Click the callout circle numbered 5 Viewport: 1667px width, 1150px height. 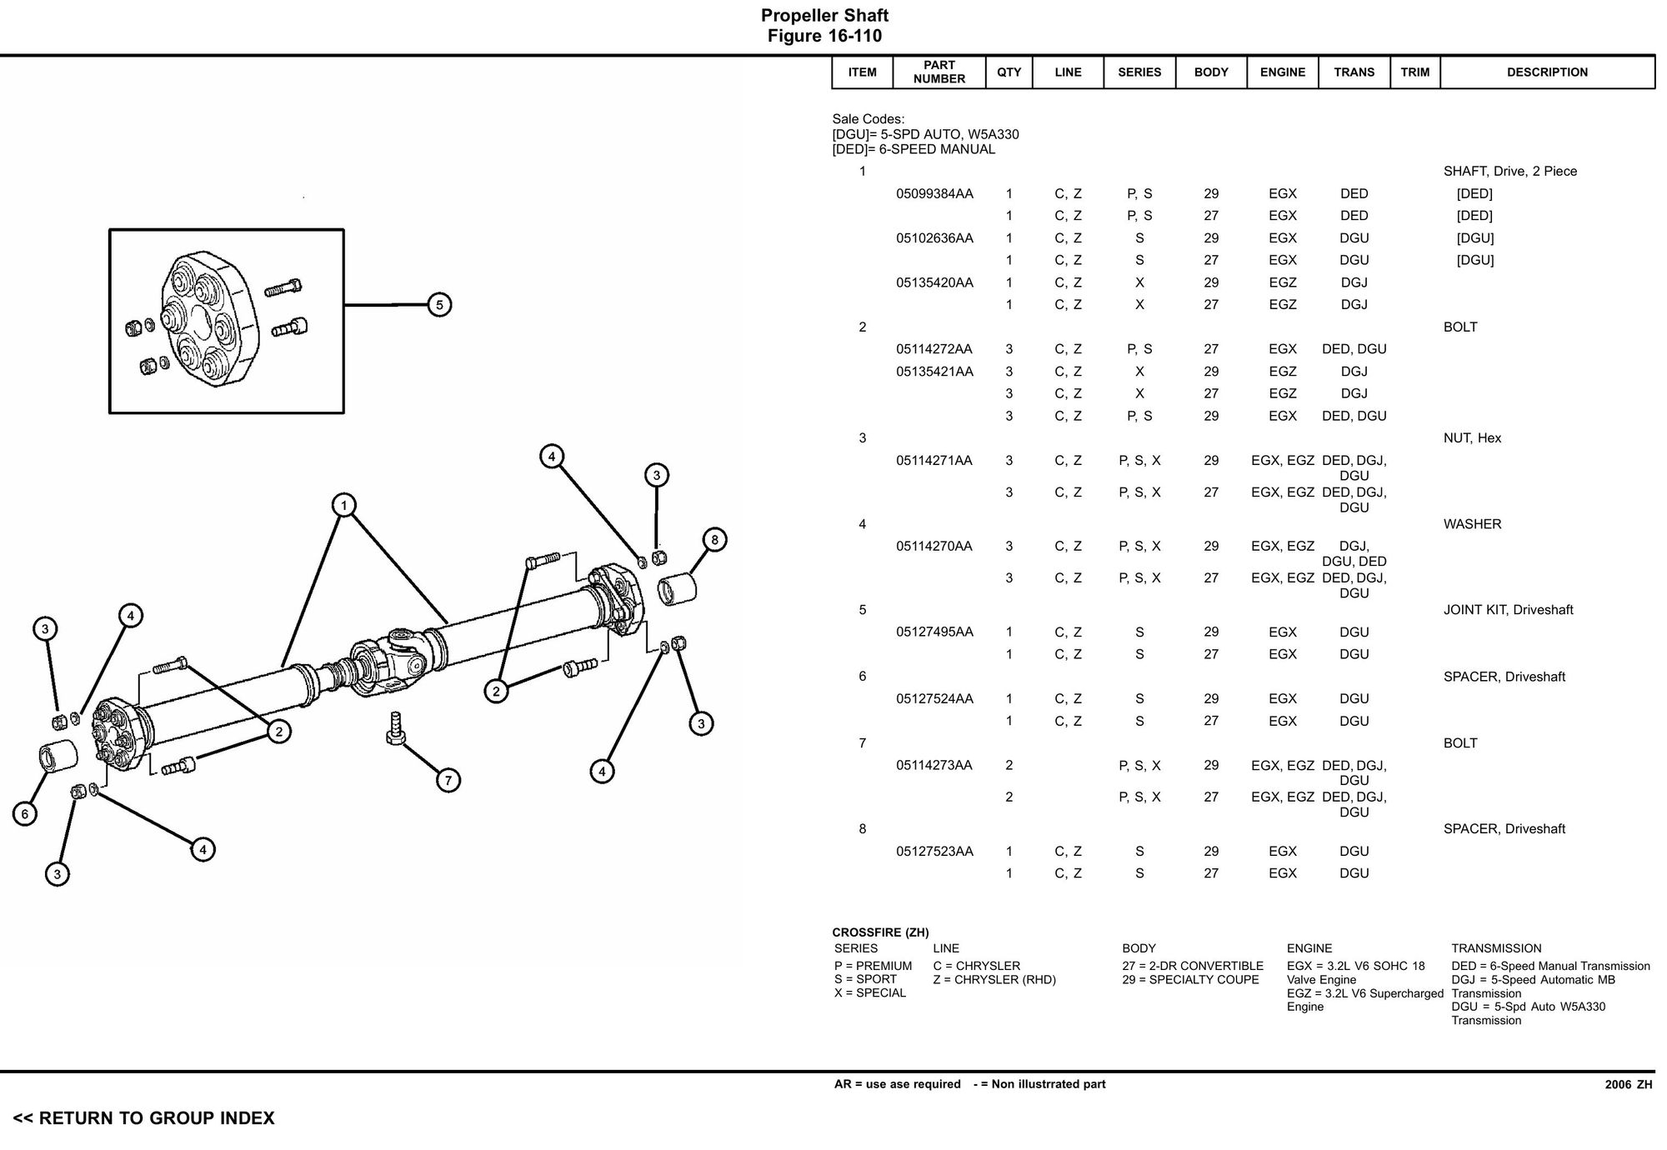click(x=439, y=305)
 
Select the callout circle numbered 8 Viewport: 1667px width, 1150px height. click(x=714, y=539)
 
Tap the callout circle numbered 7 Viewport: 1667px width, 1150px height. click(x=448, y=780)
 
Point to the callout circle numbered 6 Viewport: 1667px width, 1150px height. click(x=25, y=813)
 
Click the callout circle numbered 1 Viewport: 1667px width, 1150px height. click(x=343, y=505)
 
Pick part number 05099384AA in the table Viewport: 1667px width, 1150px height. click(x=934, y=193)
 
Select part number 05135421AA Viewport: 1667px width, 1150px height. click(x=934, y=372)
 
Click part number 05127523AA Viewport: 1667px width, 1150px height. click(x=934, y=851)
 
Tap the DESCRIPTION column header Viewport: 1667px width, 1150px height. click(x=1547, y=72)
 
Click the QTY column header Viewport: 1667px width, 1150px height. click(x=1009, y=72)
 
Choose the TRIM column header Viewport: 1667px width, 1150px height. click(x=1414, y=72)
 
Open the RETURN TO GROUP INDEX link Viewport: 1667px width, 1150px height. click(x=143, y=1118)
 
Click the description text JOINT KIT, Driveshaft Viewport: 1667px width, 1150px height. click(x=1508, y=610)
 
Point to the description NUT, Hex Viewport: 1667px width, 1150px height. click(x=1472, y=438)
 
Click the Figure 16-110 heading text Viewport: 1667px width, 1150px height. click(x=824, y=36)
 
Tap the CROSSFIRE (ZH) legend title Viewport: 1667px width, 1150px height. click(x=880, y=932)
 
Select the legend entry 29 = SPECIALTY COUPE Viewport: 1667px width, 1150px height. click(x=1190, y=980)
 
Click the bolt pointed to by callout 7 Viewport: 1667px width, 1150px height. click(x=396, y=728)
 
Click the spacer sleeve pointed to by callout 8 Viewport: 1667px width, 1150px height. click(x=677, y=588)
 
